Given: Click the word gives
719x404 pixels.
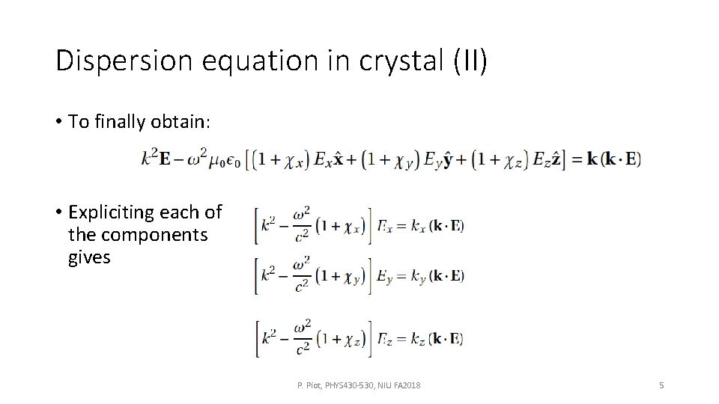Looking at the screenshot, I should coord(89,257).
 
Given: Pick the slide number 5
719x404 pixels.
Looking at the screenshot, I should coord(661,385).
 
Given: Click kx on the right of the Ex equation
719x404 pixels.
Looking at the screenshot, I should coord(416,227).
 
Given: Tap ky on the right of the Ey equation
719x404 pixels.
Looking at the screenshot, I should coord(416,276).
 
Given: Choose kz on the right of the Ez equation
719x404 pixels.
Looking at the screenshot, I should coord(415,339).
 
